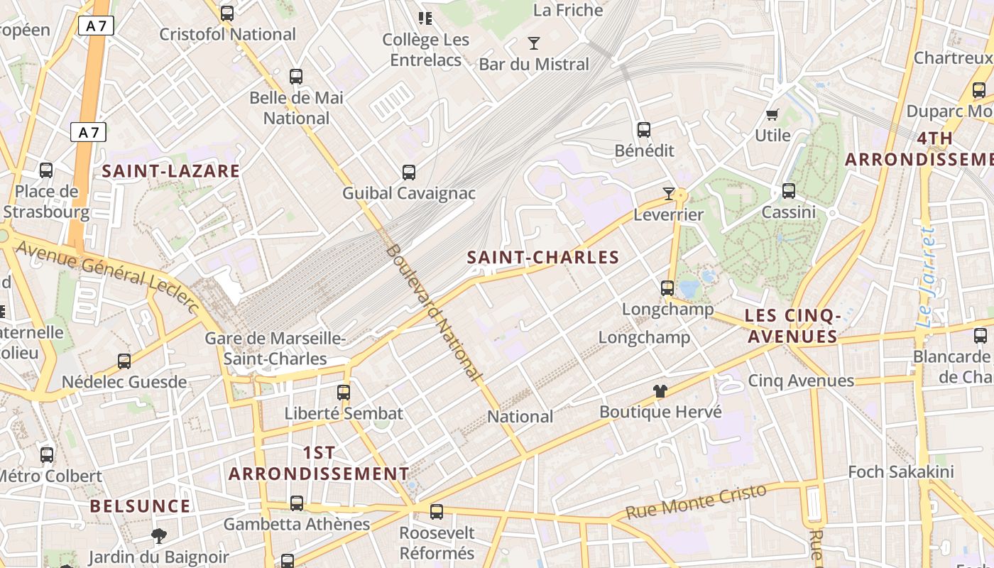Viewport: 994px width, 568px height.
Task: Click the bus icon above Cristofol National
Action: tap(227, 13)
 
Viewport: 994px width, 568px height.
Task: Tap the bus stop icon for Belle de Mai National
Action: tap(296, 76)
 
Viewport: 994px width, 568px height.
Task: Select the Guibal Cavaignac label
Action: tap(409, 193)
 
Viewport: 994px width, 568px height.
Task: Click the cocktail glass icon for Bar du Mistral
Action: tap(534, 43)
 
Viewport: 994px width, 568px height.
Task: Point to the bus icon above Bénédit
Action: tap(644, 129)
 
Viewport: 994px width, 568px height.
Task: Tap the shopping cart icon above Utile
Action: tap(772, 114)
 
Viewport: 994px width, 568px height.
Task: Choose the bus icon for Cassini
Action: tap(788, 190)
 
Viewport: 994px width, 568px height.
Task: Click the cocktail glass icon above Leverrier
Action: tap(668, 193)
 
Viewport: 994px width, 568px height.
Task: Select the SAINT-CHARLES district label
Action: tap(543, 257)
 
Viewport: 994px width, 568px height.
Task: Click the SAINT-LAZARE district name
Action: tap(170, 171)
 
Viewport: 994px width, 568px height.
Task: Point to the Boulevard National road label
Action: tap(431, 312)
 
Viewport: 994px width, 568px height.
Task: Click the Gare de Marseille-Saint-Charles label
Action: tap(275, 349)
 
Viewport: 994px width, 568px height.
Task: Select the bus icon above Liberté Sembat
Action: tap(344, 392)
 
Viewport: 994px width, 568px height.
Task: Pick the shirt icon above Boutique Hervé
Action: tap(660, 390)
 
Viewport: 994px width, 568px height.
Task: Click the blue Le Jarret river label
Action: tap(927, 277)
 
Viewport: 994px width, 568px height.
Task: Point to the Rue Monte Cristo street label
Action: tap(696, 501)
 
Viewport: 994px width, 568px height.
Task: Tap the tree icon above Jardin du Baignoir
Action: tap(159, 535)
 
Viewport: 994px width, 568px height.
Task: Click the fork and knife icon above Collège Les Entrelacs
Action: tap(425, 18)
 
